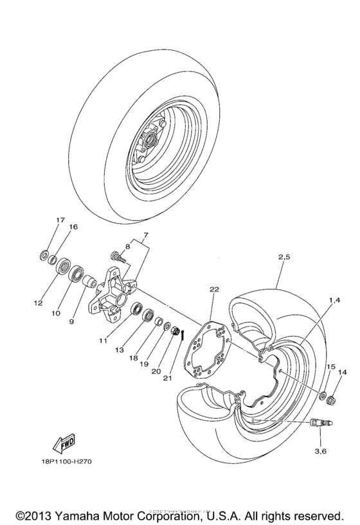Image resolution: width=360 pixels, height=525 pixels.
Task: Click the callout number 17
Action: coord(60,221)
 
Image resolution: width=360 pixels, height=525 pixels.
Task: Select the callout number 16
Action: coord(73,227)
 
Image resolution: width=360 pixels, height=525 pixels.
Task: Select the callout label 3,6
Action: coord(319,451)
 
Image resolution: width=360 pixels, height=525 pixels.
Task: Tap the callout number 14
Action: coord(341,373)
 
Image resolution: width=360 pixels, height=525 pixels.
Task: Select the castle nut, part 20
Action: coord(174,330)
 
